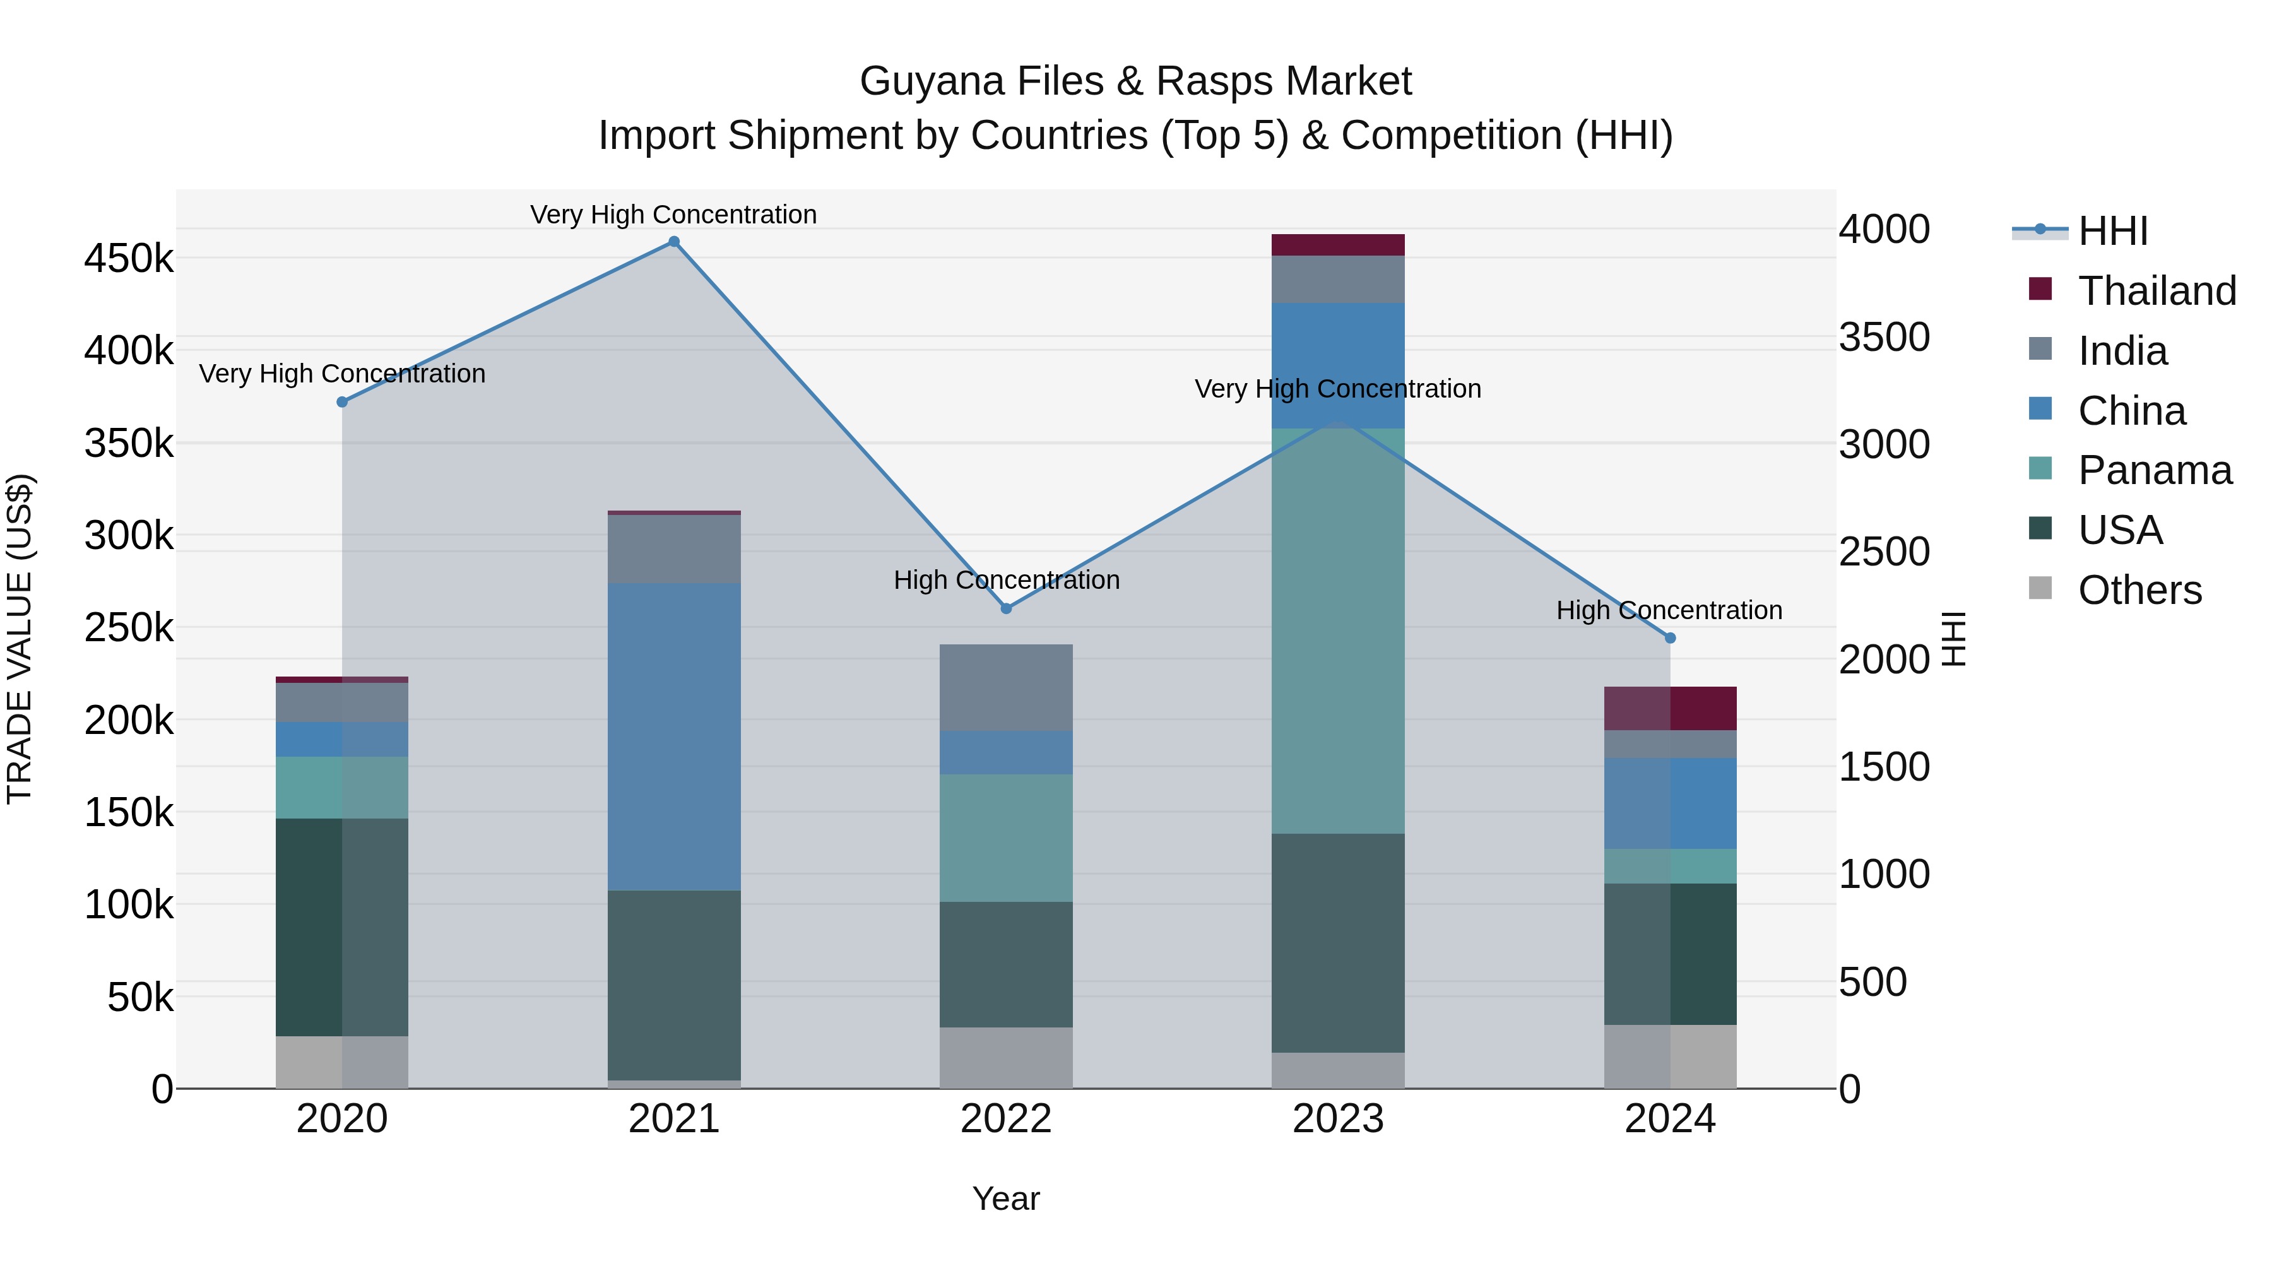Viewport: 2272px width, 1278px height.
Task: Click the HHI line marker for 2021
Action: pyautogui.click(x=674, y=242)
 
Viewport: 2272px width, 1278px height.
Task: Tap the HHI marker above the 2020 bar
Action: pyautogui.click(x=342, y=402)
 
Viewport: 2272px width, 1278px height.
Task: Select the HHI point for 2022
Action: pyautogui.click(x=1007, y=608)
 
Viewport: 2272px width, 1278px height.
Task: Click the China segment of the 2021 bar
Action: pyautogui.click(x=674, y=737)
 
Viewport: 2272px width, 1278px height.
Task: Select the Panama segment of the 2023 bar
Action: pyautogui.click(x=1338, y=630)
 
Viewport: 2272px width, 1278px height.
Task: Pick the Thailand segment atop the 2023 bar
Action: pyautogui.click(x=1338, y=246)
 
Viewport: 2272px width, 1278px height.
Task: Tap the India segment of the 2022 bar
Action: pyautogui.click(x=1007, y=687)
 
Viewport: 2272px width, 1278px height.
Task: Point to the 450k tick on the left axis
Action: pyautogui.click(x=129, y=259)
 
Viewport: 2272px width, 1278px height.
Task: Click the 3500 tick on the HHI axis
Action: pyautogui.click(x=1884, y=337)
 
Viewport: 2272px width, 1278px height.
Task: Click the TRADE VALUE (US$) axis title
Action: pyautogui.click(x=20, y=639)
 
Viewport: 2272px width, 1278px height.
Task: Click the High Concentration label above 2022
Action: pyautogui.click(x=1007, y=581)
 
